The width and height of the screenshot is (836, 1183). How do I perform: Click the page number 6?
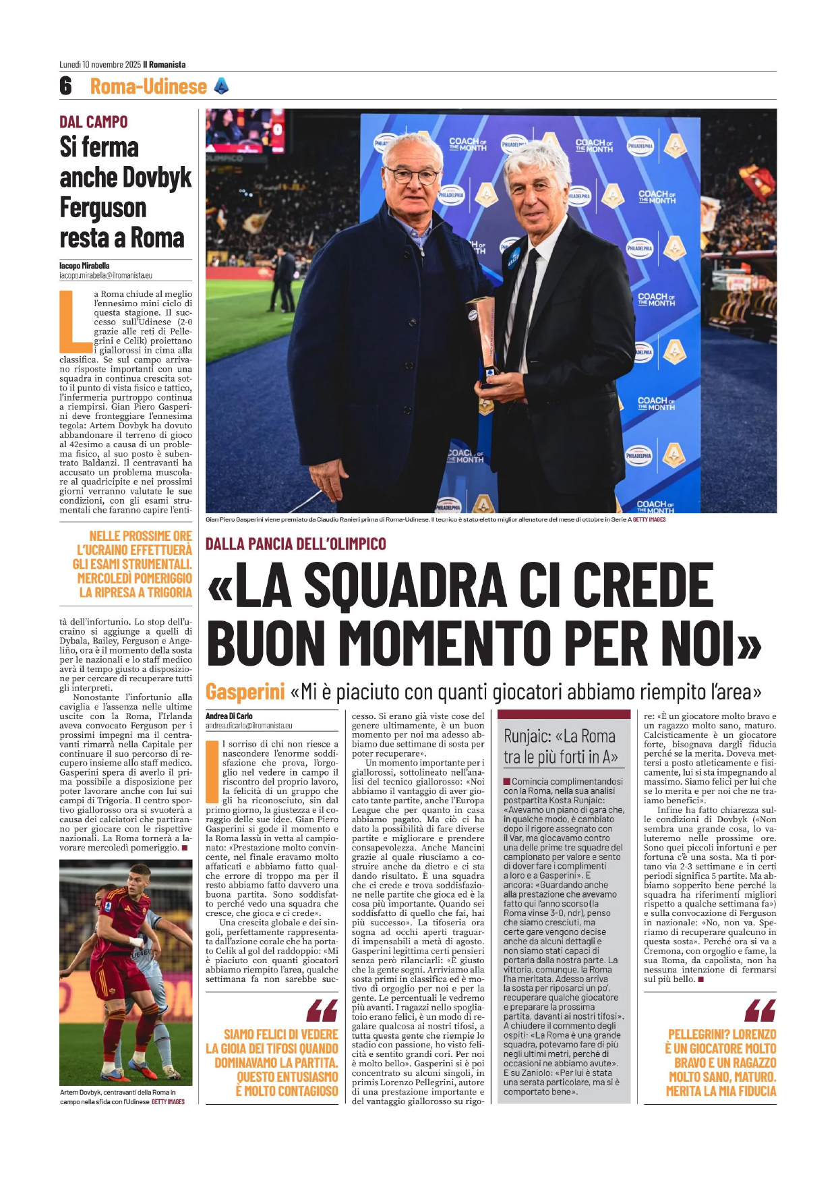point(65,86)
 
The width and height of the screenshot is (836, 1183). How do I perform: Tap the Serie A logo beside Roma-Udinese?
point(220,86)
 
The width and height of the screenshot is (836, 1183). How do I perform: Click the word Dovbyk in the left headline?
point(160,177)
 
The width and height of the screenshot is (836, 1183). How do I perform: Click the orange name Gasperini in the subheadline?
point(245,692)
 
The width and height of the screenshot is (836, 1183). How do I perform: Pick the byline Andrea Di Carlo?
point(229,716)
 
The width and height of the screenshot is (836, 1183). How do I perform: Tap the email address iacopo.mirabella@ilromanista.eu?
point(106,275)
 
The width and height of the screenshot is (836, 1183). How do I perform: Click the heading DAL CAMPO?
point(93,122)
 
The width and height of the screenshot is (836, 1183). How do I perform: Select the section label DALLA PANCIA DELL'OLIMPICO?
point(295,544)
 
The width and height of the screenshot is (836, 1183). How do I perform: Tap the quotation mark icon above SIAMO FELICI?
point(322,1010)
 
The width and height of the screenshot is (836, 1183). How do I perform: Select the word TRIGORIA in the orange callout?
point(166,592)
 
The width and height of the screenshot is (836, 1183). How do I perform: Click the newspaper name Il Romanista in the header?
point(164,65)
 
